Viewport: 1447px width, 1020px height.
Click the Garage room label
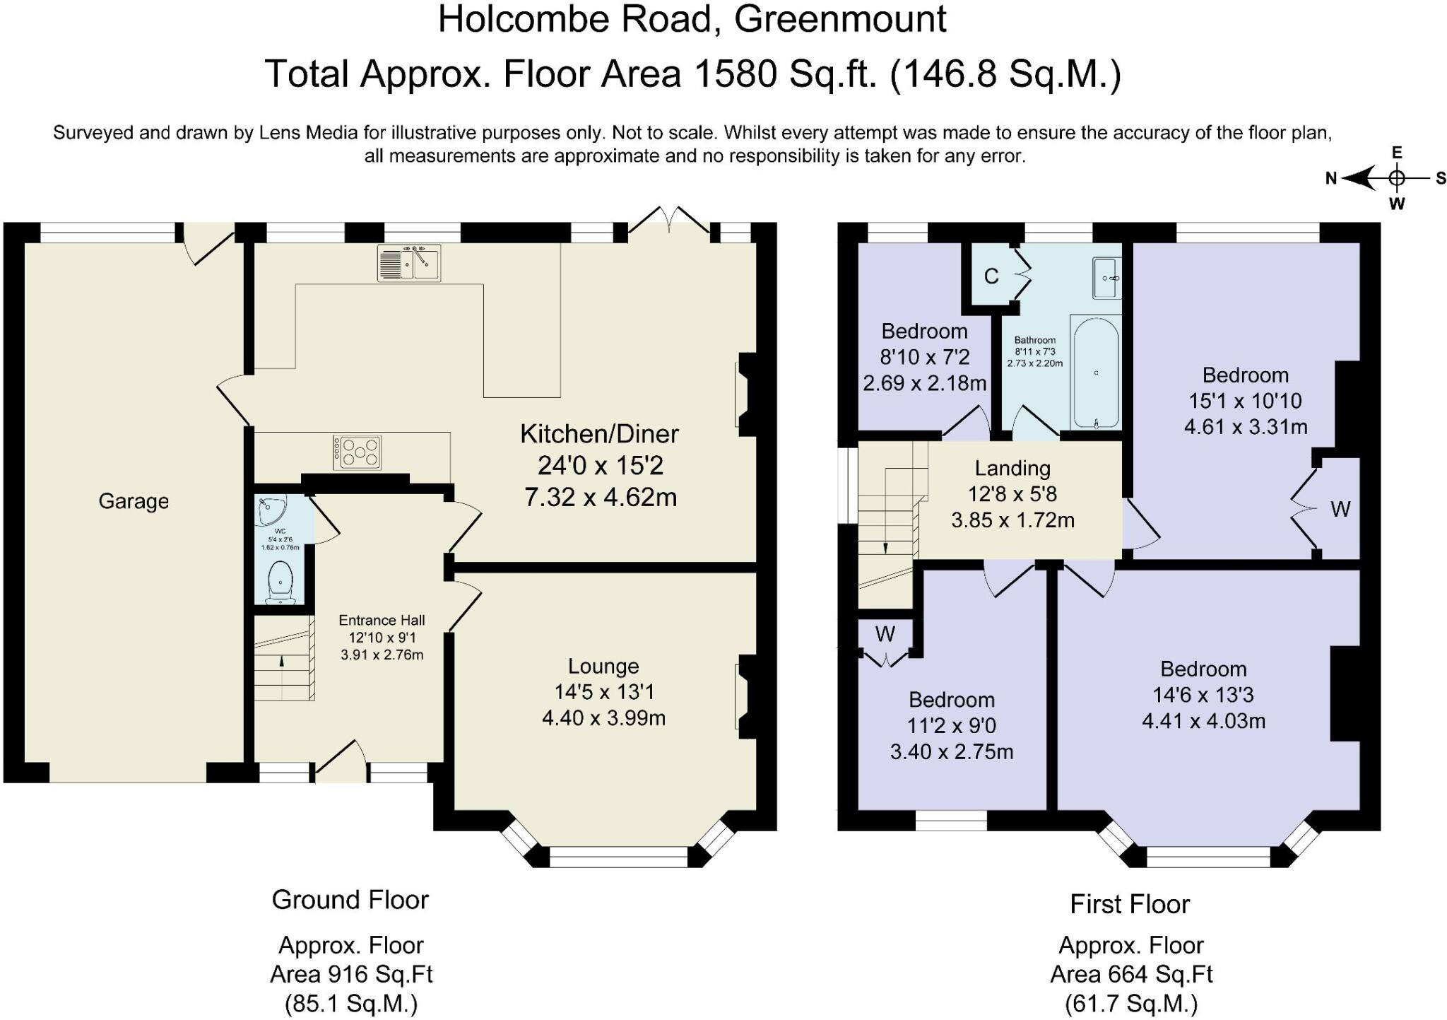pyautogui.click(x=134, y=501)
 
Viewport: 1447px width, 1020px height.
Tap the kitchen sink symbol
pyautogui.click(x=409, y=264)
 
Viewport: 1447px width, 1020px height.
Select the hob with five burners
pyautogui.click(x=357, y=452)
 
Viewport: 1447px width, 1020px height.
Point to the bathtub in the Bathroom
pyautogui.click(x=1096, y=372)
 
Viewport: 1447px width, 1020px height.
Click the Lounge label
pyautogui.click(x=603, y=666)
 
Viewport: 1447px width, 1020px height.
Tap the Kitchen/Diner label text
pyautogui.click(x=599, y=434)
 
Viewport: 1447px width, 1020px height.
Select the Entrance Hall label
pyautogui.click(x=382, y=620)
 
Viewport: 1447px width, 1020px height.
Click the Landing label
pyautogui.click(x=1012, y=468)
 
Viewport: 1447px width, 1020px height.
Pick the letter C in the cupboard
pyautogui.click(x=991, y=276)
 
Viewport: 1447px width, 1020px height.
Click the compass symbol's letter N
pyautogui.click(x=1331, y=179)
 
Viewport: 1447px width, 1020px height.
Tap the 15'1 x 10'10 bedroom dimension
pyautogui.click(x=1245, y=401)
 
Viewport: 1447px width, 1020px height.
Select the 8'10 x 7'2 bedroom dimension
pyautogui.click(x=925, y=357)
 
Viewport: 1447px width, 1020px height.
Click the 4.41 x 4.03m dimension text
pyautogui.click(x=1203, y=721)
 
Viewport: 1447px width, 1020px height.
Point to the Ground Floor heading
pyautogui.click(x=350, y=900)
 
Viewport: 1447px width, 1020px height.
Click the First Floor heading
pyautogui.click(x=1130, y=904)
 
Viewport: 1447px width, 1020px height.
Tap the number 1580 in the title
pyautogui.click(x=736, y=74)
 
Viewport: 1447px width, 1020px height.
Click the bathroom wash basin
pyautogui.click(x=1106, y=278)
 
